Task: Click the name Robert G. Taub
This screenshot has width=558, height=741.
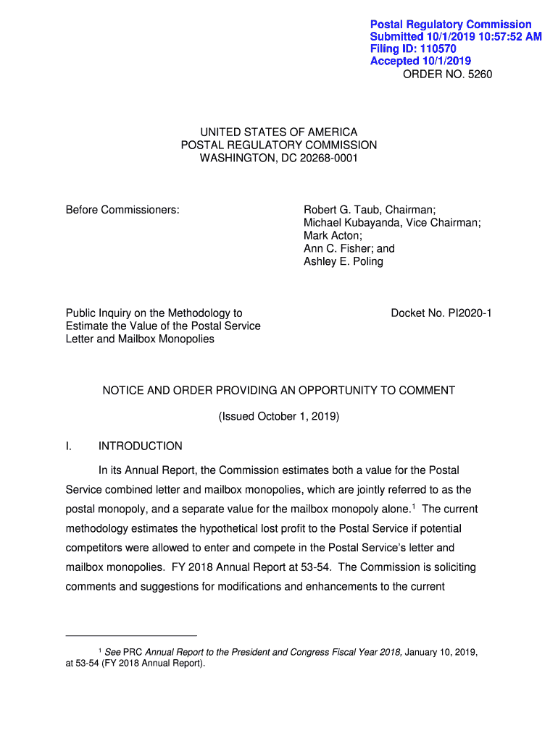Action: click(x=344, y=210)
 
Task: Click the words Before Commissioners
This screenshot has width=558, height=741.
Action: click(x=122, y=210)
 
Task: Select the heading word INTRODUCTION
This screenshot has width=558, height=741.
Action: click(x=141, y=446)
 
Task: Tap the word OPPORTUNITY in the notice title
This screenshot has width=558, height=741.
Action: click(x=330, y=391)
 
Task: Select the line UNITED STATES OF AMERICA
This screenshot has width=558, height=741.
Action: click(x=279, y=132)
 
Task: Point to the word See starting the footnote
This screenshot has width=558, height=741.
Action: click(x=112, y=653)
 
